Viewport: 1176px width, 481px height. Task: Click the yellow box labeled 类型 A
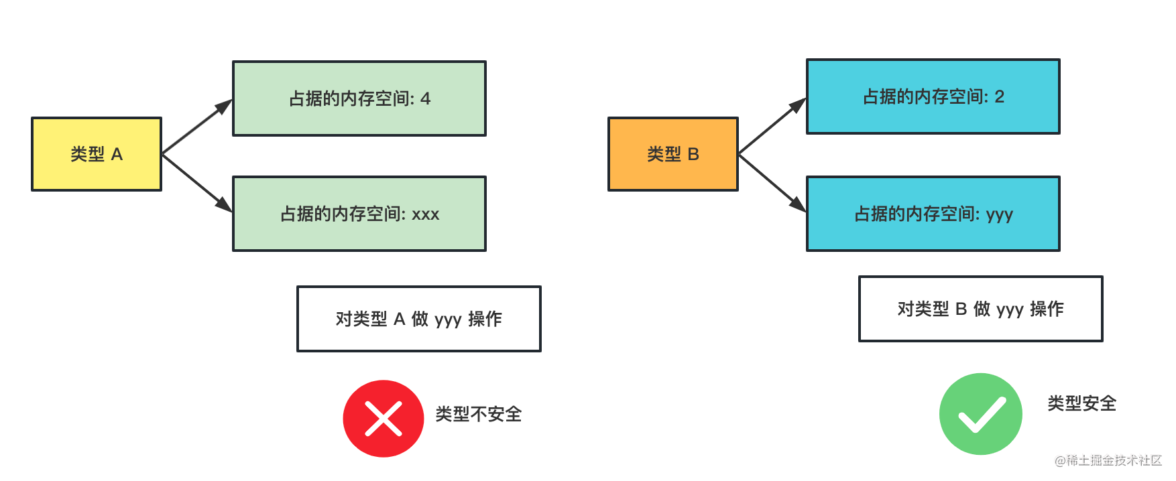tap(97, 154)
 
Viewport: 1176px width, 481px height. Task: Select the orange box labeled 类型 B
tap(672, 154)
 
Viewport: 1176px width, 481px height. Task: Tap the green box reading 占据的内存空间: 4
tap(359, 98)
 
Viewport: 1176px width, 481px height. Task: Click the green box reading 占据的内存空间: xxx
tap(359, 214)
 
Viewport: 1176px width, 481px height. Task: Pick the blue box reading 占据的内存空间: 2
tap(933, 96)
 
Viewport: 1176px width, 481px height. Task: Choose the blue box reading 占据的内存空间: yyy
tap(933, 214)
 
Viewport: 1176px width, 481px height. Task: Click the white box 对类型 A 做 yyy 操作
tap(418, 319)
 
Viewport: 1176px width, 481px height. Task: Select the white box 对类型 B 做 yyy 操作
tap(980, 309)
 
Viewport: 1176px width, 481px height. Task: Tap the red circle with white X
tap(383, 419)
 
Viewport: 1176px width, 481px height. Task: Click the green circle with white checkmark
tap(980, 414)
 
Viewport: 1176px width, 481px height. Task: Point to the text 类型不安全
tap(478, 414)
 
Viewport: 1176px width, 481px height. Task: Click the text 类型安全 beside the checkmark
tap(1081, 403)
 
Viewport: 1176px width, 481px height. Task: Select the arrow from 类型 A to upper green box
tap(196, 127)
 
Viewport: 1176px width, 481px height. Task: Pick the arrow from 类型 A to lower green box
tap(196, 183)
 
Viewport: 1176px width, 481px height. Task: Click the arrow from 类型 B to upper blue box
tap(772, 127)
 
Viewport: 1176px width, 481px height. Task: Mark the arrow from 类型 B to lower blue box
tap(772, 183)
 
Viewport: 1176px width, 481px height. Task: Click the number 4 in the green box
tap(425, 99)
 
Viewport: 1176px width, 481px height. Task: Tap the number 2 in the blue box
tap(999, 97)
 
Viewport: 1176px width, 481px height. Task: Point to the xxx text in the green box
tap(425, 215)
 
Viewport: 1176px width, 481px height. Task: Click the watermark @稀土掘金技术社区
tap(1108, 460)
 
